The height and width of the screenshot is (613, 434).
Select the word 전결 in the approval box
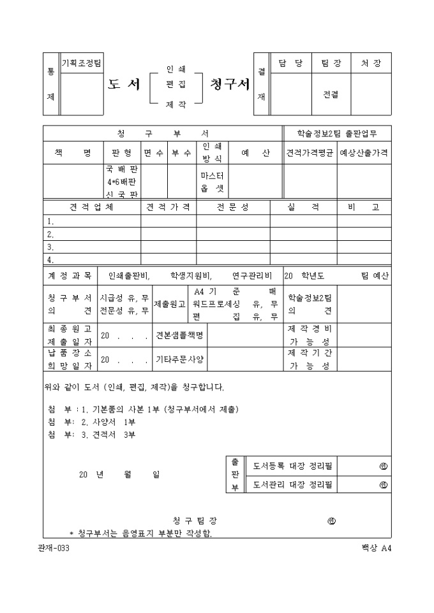coord(331,95)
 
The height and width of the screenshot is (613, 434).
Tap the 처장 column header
coord(371,63)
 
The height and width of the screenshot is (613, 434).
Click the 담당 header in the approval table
coord(290,63)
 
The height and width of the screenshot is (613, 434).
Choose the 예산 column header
coord(256,153)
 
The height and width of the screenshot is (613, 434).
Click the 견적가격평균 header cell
coord(310,153)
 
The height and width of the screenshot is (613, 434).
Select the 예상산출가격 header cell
coord(364,153)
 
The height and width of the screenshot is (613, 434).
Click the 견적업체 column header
coord(91,208)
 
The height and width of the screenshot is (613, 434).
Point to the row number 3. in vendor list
coord(50,247)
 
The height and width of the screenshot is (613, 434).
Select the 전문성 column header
coord(233,208)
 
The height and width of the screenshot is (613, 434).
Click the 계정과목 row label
coord(70,276)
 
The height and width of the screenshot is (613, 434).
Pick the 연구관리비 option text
coord(252,276)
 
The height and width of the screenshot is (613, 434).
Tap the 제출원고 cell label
coord(170,304)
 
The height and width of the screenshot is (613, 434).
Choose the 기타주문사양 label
coord(181,359)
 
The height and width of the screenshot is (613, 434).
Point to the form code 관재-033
coord(54,549)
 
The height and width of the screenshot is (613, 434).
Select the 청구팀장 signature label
coord(198,521)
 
